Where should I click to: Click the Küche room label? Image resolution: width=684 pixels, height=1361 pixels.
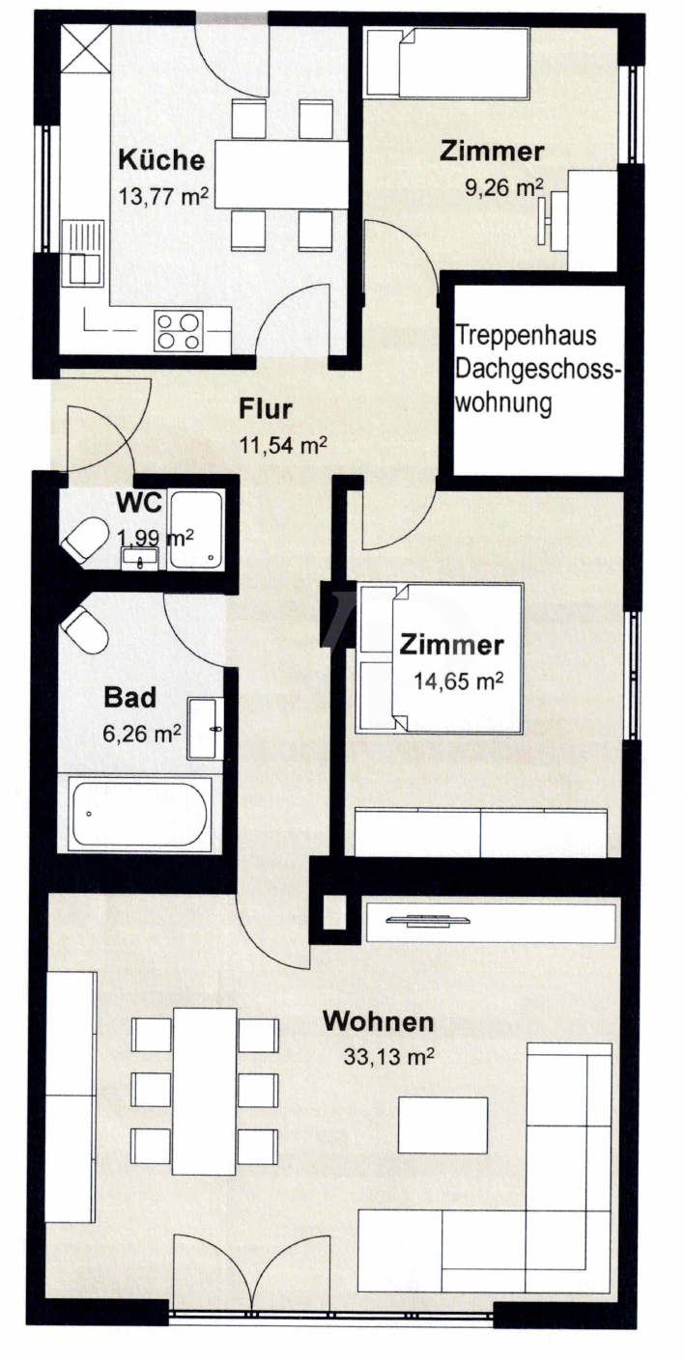coord(161,160)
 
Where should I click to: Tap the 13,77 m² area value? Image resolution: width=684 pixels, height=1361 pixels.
coord(163,196)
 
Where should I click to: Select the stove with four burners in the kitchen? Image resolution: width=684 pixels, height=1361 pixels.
coord(180,331)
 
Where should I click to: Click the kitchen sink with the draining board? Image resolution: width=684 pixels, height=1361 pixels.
coord(81,253)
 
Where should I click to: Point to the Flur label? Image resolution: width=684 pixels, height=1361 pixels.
coord(266,410)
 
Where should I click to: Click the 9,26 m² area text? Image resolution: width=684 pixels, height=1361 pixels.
coord(504,187)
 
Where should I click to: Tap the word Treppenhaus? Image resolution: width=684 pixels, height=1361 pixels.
coord(527,337)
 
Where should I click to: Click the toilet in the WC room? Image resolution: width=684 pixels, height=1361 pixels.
coord(85,539)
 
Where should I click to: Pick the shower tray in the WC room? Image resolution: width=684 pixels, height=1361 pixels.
coord(197,530)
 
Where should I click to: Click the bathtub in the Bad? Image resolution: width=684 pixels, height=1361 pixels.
coord(139,814)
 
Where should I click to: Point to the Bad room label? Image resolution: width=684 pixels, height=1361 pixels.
coord(129,698)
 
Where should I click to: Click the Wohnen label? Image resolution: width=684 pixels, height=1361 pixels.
coord(378,1021)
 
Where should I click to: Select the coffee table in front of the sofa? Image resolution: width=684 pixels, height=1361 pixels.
coord(442,1126)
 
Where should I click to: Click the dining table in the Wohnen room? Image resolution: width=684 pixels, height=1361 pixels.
coord(204,1091)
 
